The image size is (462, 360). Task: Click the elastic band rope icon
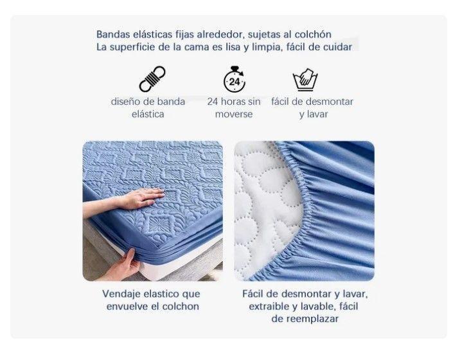tap(152, 79)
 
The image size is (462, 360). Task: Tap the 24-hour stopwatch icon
tap(235, 79)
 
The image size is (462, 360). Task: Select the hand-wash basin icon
tap(305, 80)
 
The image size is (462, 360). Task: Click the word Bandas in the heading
tap(113, 34)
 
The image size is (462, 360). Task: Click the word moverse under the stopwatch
tap(234, 114)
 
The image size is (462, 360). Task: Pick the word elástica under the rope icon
tap(148, 114)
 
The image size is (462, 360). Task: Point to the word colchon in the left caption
tap(181, 307)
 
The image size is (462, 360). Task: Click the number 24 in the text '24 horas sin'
tap(213, 102)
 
